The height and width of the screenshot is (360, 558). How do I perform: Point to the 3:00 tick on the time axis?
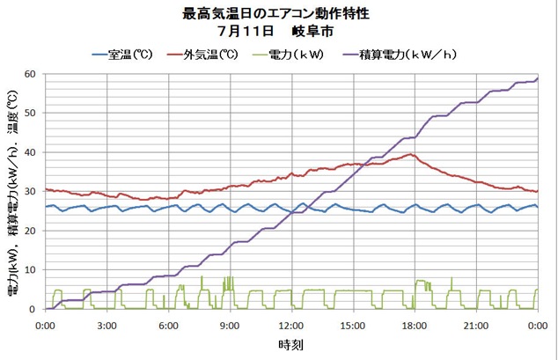(x=106, y=325)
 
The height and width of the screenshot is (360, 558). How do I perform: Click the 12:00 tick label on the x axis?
(x=291, y=325)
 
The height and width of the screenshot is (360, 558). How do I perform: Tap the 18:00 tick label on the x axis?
(x=415, y=325)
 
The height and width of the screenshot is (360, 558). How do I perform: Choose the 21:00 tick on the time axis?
(x=476, y=325)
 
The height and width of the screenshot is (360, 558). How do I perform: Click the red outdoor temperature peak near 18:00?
(x=411, y=155)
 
